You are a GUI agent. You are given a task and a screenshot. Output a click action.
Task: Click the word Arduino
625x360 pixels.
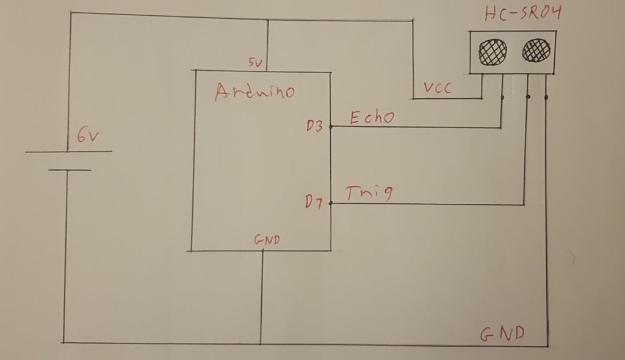coord(255,92)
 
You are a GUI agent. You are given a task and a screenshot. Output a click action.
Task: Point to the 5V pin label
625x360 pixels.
coord(255,62)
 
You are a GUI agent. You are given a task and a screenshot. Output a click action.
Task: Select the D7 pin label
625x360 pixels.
coord(315,202)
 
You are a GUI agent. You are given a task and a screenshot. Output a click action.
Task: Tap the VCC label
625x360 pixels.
coord(438,89)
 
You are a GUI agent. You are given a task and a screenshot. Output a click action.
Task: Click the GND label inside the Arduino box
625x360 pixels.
coord(266,240)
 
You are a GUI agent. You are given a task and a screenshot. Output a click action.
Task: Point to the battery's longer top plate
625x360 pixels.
coord(68,151)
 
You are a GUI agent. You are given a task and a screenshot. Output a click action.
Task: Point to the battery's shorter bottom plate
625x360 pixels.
coord(69,170)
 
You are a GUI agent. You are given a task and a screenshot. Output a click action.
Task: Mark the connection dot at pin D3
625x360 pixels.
coord(330,127)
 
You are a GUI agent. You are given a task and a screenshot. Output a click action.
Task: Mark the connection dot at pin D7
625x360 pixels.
coord(330,203)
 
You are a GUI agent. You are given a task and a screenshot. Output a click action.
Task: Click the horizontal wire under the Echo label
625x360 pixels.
coord(415,128)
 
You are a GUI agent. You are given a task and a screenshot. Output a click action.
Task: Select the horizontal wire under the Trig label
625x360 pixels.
coord(427,204)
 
